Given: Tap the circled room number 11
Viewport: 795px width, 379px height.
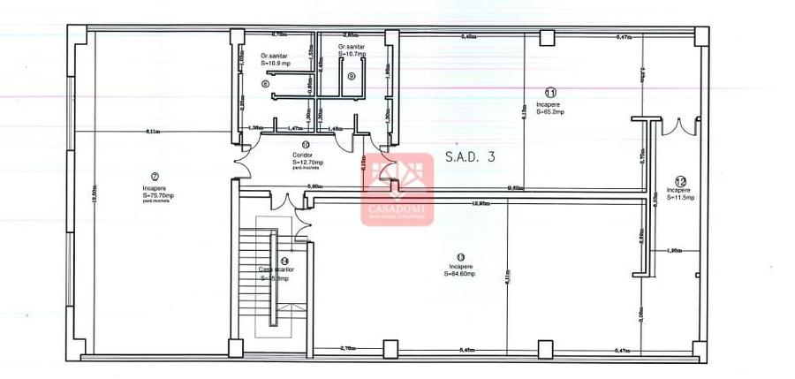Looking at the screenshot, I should [550, 92].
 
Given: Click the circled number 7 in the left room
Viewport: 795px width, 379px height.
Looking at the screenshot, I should [155, 176].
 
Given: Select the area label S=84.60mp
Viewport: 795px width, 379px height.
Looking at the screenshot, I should [460, 274].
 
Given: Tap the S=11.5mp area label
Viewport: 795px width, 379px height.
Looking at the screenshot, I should [680, 198].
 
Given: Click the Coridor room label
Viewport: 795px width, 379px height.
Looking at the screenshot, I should [302, 155].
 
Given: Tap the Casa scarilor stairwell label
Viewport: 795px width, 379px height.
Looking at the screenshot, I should [274, 269].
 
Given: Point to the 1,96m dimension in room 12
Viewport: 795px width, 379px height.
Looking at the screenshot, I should [675, 251].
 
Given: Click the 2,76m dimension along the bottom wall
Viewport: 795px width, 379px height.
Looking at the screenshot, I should [347, 349].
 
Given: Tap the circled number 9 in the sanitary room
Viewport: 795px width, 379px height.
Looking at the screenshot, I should [352, 76].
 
